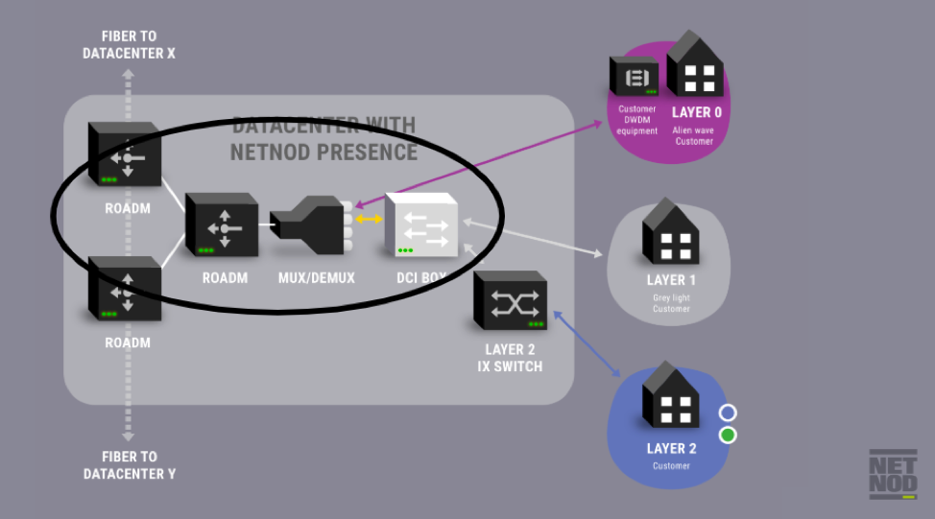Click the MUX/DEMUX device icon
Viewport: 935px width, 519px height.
point(308,224)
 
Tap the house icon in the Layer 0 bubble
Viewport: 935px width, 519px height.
point(695,67)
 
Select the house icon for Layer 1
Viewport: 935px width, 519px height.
point(670,232)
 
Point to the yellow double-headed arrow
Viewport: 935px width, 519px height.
point(366,220)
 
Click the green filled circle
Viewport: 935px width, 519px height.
point(728,436)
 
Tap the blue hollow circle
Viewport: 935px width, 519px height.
point(728,413)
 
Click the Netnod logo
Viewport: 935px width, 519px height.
point(893,474)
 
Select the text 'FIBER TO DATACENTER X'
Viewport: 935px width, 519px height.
point(130,45)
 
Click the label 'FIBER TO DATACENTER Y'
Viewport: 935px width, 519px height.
point(130,465)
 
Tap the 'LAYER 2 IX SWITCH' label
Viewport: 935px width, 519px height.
point(510,359)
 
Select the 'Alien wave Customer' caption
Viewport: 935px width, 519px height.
point(693,135)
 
